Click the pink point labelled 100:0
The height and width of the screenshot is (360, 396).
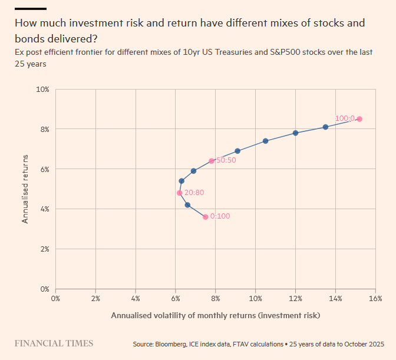pyautogui.click(x=359, y=119)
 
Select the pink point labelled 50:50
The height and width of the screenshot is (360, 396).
pyautogui.click(x=212, y=161)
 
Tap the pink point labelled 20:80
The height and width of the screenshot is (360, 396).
pyautogui.click(x=180, y=193)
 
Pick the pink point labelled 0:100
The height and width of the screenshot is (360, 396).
pyautogui.click(x=206, y=217)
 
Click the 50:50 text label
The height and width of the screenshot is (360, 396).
pyautogui.click(x=226, y=161)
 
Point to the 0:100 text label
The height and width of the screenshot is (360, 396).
pyautogui.click(x=220, y=216)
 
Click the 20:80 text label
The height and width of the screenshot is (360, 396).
pyautogui.click(x=194, y=193)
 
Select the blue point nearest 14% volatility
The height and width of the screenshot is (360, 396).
pyautogui.click(x=325, y=127)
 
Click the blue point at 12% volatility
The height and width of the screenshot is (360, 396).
pyautogui.click(x=295, y=133)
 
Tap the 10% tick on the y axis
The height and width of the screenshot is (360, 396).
pyautogui.click(x=42, y=90)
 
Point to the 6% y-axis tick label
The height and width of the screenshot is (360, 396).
pyautogui.click(x=44, y=169)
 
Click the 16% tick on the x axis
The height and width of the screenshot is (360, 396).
pyautogui.click(x=375, y=298)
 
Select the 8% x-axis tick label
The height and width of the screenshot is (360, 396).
pyautogui.click(x=216, y=298)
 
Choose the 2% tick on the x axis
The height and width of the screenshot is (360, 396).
pyautogui.click(x=95, y=298)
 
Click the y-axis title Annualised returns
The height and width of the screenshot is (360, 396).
pyautogui.click(x=25, y=189)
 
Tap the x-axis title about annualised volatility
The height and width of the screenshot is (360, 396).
pyautogui.click(x=215, y=315)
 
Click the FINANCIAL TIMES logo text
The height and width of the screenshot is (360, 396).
pyautogui.click(x=54, y=343)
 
